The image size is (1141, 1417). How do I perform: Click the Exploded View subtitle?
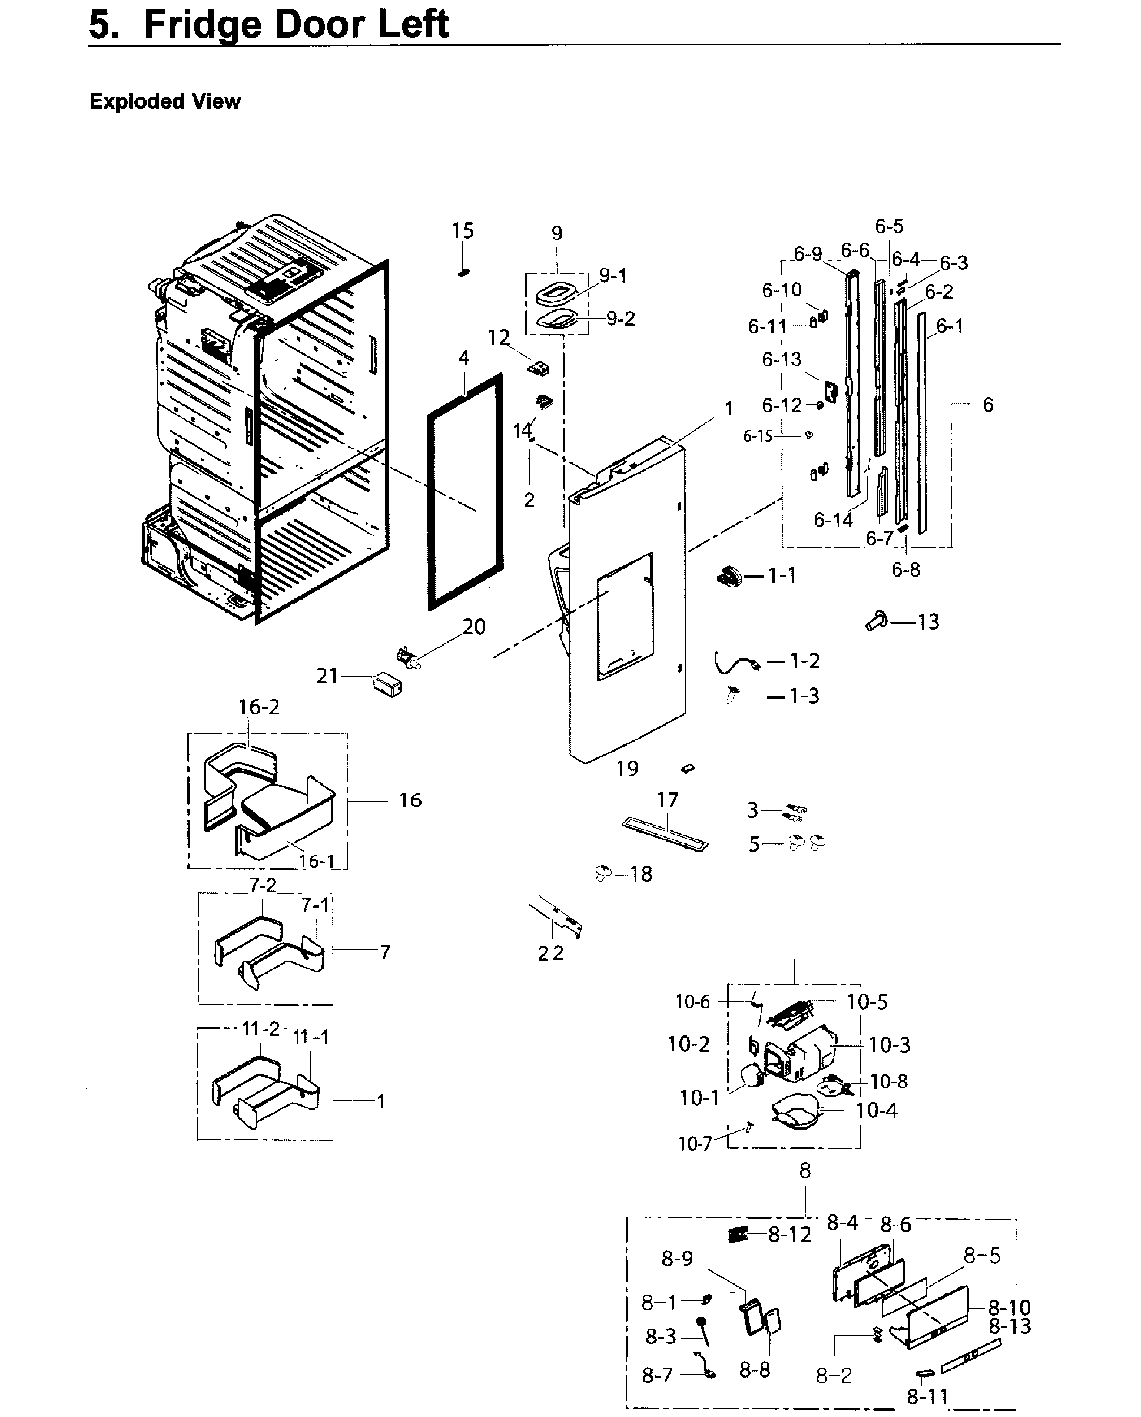pyautogui.click(x=164, y=101)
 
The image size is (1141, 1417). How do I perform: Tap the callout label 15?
pyautogui.click(x=462, y=231)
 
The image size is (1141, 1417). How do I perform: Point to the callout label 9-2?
pyautogui.click(x=620, y=319)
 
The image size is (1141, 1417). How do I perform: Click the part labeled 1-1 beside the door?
pyautogui.click(x=728, y=577)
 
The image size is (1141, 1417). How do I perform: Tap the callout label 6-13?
pyautogui.click(x=782, y=360)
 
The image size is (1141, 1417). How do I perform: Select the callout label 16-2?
pyautogui.click(x=258, y=708)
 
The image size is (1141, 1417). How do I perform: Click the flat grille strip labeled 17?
pyautogui.click(x=664, y=834)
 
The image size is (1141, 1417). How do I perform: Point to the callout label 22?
pyautogui.click(x=550, y=953)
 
